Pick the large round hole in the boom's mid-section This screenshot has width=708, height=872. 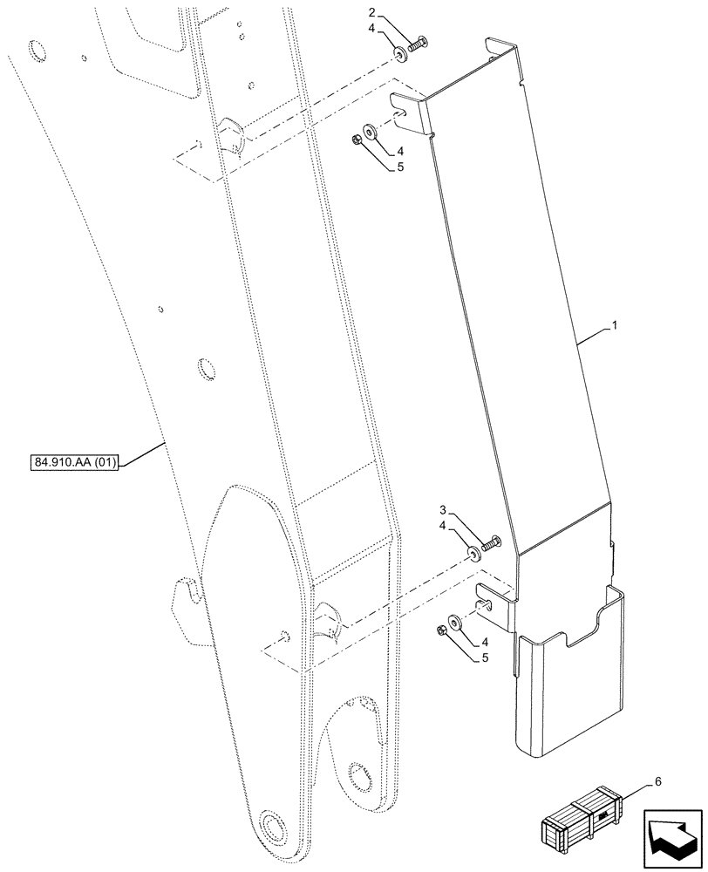pyautogui.click(x=206, y=369)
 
